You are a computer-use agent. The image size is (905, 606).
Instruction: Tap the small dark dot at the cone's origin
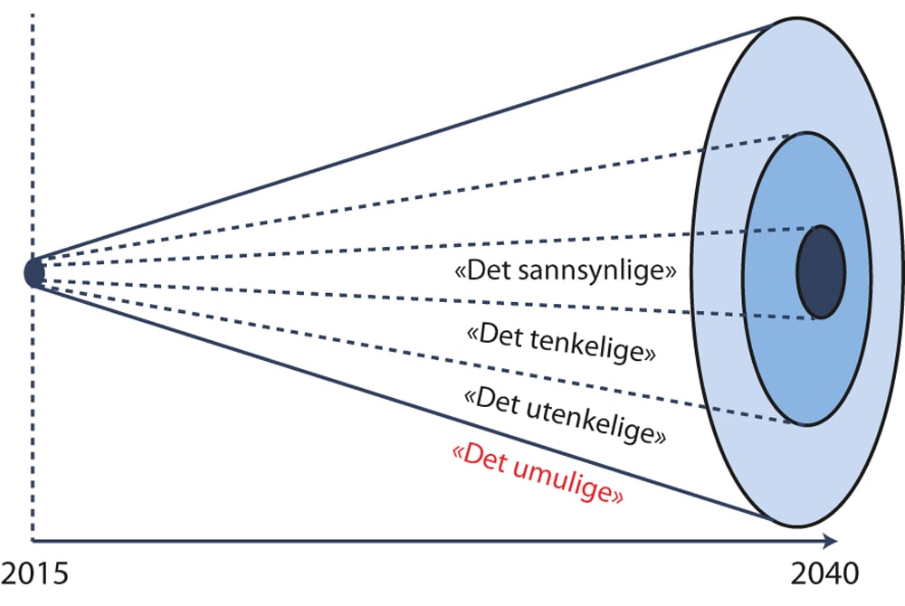(x=33, y=271)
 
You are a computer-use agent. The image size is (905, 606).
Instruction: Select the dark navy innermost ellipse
(x=821, y=271)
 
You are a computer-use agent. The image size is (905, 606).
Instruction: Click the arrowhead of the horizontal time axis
(x=828, y=542)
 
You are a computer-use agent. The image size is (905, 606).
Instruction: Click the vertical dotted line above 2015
(x=33, y=136)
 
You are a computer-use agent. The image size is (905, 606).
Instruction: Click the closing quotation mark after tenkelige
(x=649, y=355)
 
